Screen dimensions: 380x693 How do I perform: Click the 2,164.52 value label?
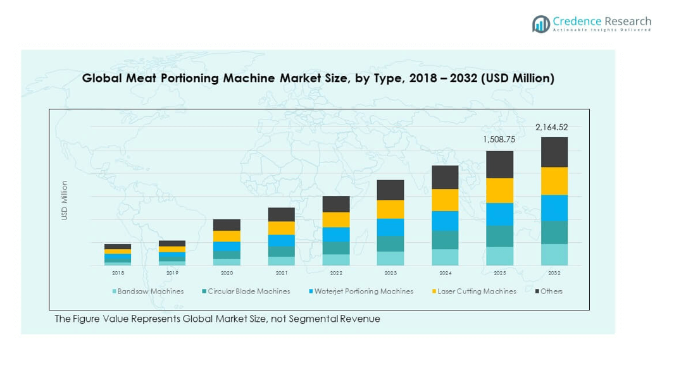[551, 128]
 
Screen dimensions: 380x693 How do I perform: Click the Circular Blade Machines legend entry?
[249, 291]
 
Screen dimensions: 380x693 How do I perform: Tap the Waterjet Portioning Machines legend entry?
[363, 291]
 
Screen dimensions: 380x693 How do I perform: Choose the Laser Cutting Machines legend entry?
[477, 291]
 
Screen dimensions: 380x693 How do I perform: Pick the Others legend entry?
[551, 291]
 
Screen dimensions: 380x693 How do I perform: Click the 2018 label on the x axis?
[118, 273]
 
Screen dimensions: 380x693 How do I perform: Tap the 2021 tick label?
[282, 273]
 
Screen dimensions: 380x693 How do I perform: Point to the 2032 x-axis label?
[554, 273]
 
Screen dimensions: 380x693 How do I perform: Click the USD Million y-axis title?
[64, 200]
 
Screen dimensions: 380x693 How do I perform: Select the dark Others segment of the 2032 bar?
[554, 152]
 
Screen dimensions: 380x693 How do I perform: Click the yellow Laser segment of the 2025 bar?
[499, 190]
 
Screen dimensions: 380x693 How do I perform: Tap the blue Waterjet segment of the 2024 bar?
[445, 221]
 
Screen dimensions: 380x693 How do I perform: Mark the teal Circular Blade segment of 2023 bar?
[390, 244]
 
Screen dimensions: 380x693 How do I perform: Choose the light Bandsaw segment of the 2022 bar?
[336, 260]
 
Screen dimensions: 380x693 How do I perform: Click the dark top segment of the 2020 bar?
[227, 225]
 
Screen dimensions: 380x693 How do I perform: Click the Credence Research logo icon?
[541, 24]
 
